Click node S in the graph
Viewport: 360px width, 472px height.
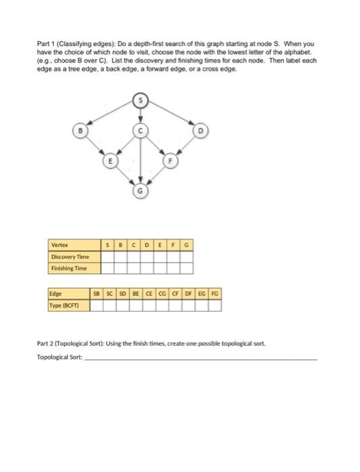tap(141, 100)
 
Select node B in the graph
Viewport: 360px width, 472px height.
tap(81, 130)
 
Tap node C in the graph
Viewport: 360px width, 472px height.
tap(141, 130)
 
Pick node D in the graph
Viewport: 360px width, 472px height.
tap(200, 130)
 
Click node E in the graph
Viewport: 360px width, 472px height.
tap(111, 161)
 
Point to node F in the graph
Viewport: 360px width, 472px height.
tap(171, 161)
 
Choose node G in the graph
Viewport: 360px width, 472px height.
tap(141, 191)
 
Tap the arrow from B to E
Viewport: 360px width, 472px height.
tap(96, 146)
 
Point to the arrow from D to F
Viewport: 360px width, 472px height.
tap(185, 146)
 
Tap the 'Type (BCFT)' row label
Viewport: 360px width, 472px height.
tap(63, 305)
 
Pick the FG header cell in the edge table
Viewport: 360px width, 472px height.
tap(214, 295)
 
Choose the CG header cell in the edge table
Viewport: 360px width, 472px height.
tap(162, 295)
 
